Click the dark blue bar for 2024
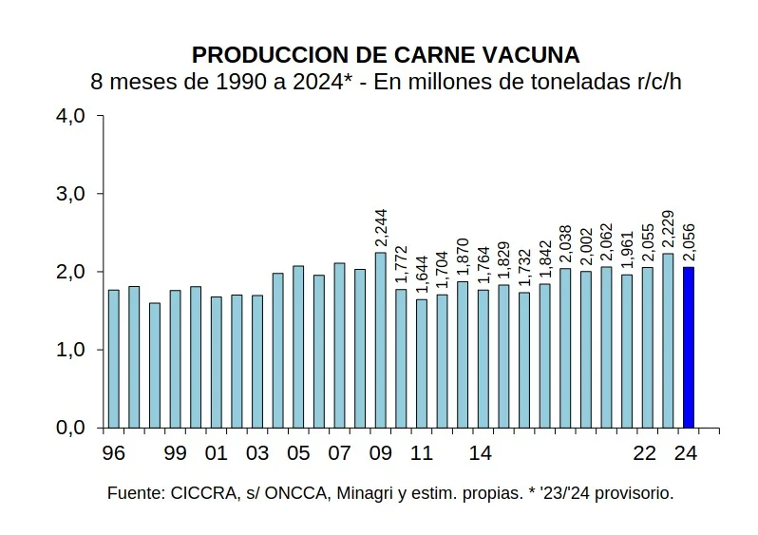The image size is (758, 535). coord(688,348)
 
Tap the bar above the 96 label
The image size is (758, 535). coord(113,359)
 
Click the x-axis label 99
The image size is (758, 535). coord(175,453)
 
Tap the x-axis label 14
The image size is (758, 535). coord(482,453)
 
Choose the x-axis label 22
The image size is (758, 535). coord(645,453)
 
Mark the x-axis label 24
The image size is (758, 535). coord(687,453)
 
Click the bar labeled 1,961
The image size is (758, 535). coord(626,351)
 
